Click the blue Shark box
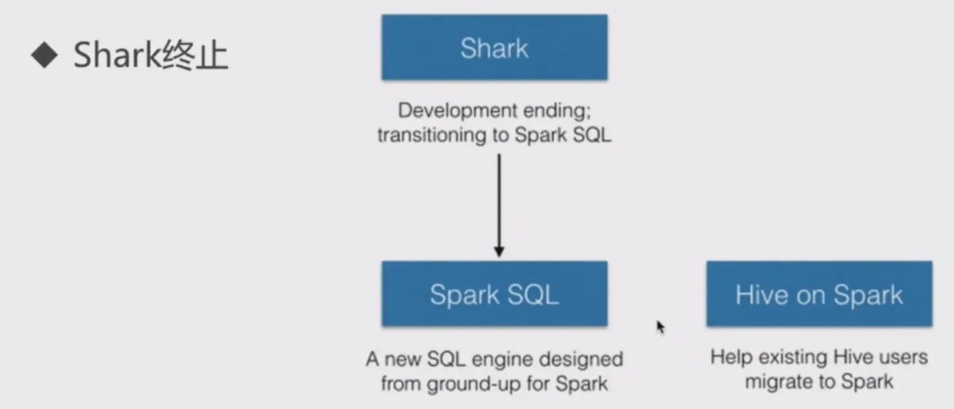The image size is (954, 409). point(495,47)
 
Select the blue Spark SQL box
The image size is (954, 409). point(495,294)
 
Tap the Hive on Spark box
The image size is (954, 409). point(819,294)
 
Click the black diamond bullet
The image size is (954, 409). point(45,55)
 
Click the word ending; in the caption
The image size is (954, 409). point(557,111)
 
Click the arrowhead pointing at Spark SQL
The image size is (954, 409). point(499,251)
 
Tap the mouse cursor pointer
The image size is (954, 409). point(661,328)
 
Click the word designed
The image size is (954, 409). point(581,359)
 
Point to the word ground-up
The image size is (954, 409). point(474,384)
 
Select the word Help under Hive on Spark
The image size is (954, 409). point(731,357)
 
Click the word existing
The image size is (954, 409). point(793,357)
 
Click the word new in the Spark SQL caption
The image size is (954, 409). point(403,360)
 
